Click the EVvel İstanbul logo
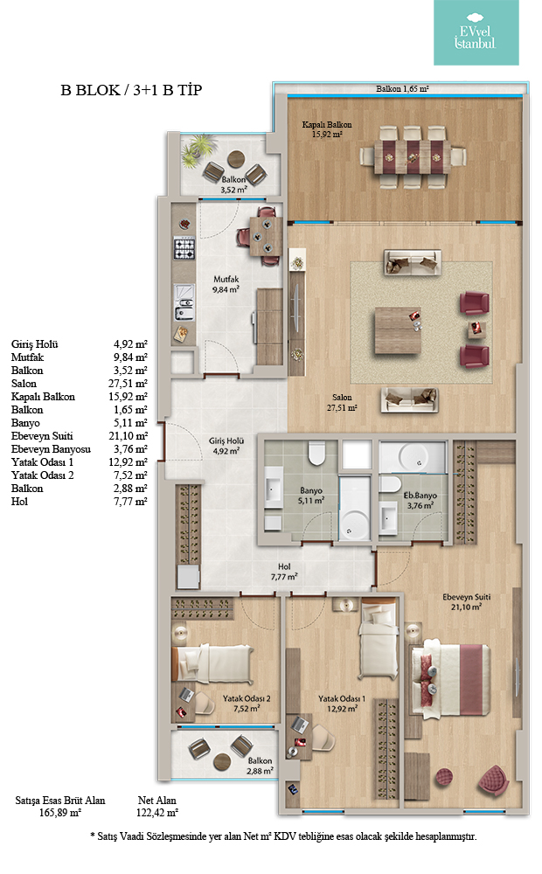[476, 32]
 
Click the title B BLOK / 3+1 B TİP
[131, 90]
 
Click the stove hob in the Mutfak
[184, 248]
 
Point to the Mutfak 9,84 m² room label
[226, 284]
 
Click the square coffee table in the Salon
[398, 330]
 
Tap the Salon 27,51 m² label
[342, 402]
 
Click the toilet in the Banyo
[316, 453]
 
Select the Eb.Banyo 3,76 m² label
[420, 500]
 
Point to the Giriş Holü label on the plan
[226, 446]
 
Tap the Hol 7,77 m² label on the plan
[284, 572]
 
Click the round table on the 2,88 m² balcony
[222, 761]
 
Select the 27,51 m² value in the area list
[129, 384]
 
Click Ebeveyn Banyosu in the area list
[51, 449]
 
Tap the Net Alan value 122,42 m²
[157, 813]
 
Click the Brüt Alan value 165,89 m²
[60, 813]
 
